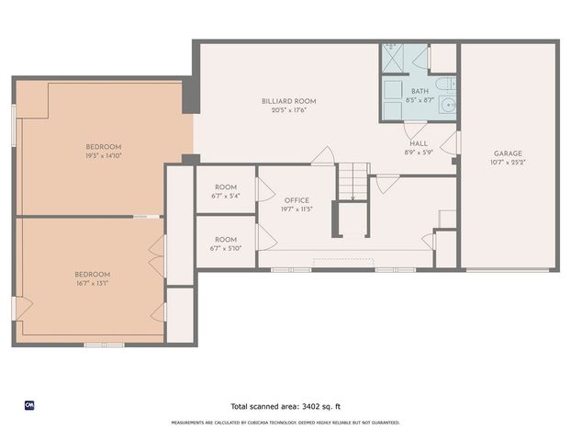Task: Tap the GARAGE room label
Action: [508, 153]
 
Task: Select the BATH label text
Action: [420, 91]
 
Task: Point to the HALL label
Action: [418, 143]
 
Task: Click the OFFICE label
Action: [297, 199]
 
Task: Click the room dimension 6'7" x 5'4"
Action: [225, 196]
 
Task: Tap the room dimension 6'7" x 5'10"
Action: [225, 249]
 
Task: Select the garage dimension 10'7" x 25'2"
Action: [508, 163]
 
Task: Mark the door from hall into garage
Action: [452, 143]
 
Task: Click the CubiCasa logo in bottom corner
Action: [29, 405]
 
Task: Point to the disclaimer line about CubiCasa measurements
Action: [285, 423]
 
